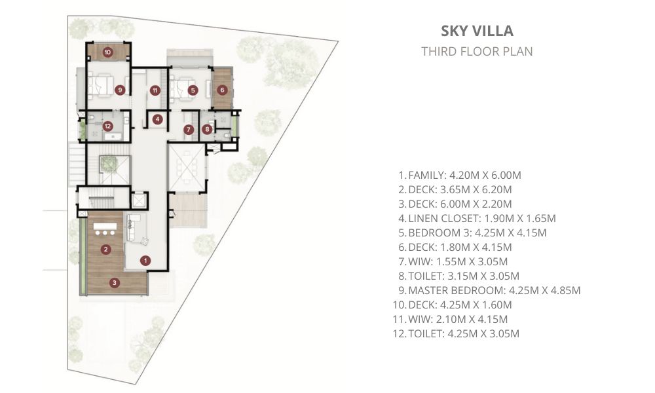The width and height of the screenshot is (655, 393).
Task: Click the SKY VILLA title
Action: coord(477,31)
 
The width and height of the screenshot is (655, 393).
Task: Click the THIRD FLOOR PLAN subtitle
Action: coord(477,51)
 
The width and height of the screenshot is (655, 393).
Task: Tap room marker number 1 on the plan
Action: coord(145,261)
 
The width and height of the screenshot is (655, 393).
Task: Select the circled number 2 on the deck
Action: coord(105,250)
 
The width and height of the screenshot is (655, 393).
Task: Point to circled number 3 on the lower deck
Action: coord(115,283)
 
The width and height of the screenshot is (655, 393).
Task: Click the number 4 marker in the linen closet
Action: coord(157,119)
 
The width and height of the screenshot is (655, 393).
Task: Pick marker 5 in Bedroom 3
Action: coord(192,90)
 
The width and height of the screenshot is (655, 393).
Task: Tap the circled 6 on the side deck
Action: coord(222,89)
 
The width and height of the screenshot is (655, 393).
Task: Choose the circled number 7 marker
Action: coord(189,130)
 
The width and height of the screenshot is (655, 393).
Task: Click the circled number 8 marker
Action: coord(207,130)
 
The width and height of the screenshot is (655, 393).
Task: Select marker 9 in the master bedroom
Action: coord(120,90)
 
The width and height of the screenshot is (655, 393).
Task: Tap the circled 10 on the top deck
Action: coord(108,52)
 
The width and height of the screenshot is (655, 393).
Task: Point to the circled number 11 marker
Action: coord(155,90)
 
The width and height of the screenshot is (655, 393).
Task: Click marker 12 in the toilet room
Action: coord(108,126)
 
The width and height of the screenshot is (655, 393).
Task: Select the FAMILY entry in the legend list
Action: coord(460,176)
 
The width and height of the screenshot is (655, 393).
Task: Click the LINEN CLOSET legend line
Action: coord(477,218)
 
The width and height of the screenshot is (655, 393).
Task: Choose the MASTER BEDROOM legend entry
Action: coord(489,290)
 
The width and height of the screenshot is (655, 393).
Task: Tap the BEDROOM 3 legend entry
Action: coord(472,233)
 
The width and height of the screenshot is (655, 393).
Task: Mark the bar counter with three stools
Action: coord(105,229)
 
